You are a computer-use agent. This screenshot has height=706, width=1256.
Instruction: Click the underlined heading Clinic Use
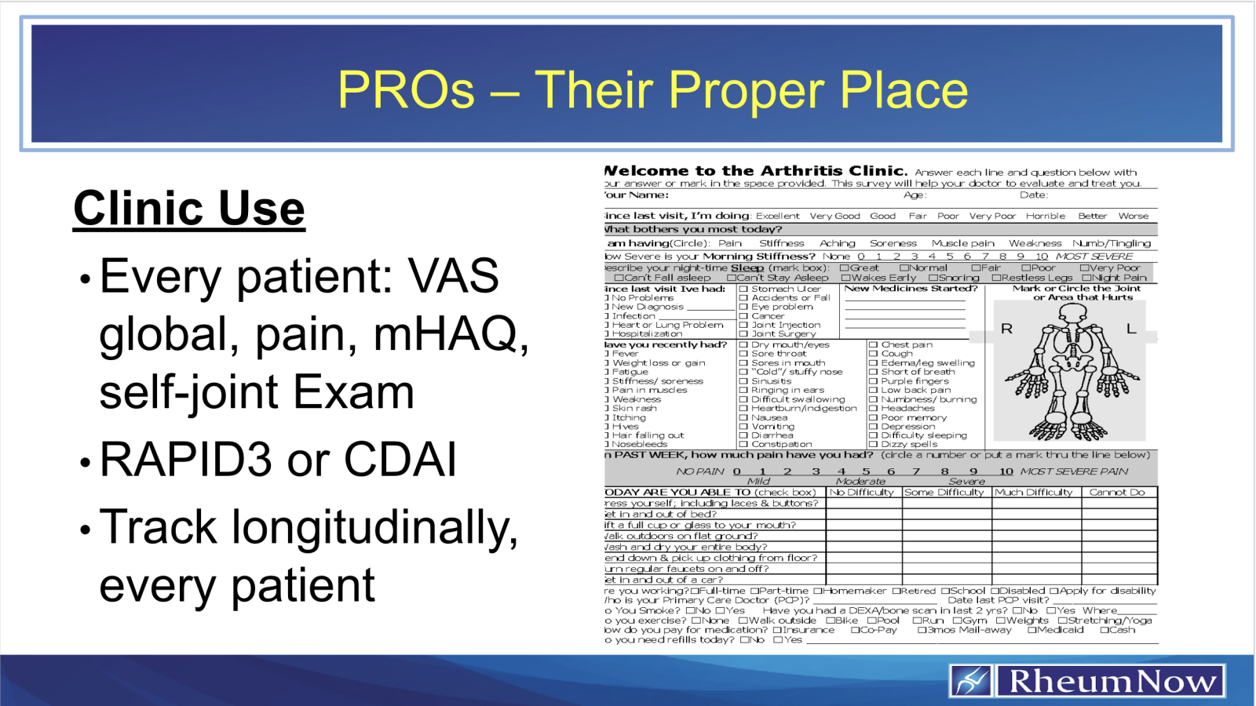point(189,209)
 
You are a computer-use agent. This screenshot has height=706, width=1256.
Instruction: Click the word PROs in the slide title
point(406,89)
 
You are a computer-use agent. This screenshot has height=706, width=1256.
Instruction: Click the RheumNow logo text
point(1111,681)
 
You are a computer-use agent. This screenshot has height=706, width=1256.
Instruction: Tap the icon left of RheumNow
point(971,681)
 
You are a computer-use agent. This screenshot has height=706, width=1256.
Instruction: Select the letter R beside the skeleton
point(1007,329)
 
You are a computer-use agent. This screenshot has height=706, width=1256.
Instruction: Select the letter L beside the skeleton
point(1131,329)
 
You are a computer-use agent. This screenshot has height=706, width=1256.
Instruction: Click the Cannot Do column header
point(1117,493)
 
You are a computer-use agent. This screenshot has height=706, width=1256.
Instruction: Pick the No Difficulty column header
point(861,493)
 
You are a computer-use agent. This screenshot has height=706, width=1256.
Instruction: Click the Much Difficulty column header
point(1034,493)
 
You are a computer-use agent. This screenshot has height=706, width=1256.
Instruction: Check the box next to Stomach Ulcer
point(743,289)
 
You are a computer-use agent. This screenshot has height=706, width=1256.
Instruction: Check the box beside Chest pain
point(873,344)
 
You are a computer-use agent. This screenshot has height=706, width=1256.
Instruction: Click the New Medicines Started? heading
point(911,289)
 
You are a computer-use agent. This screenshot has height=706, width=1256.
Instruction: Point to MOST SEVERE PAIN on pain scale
point(1074,471)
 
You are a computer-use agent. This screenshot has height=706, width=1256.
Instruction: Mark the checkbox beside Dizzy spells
point(873,445)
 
